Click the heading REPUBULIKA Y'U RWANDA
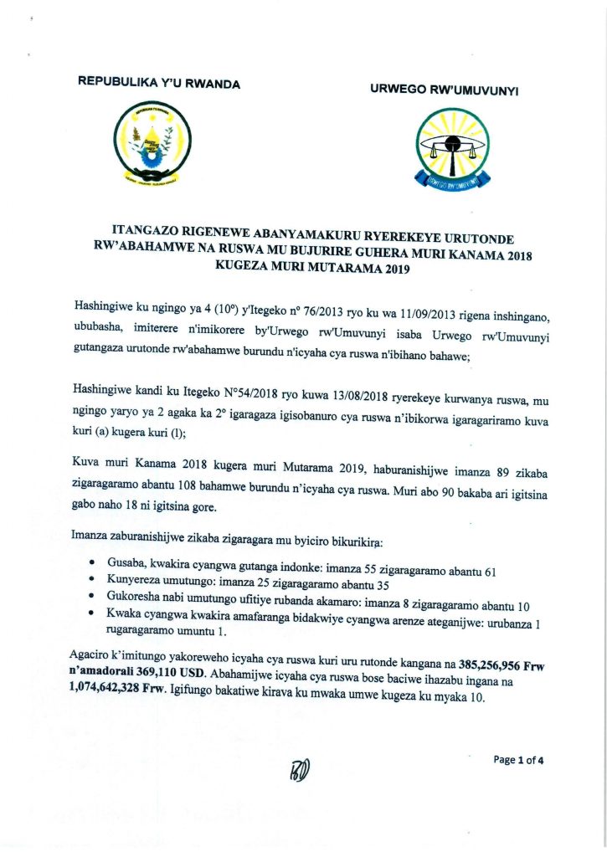pyautogui.click(x=158, y=83)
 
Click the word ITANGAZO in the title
pyautogui.click(x=147, y=229)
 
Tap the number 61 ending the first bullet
pyautogui.click(x=491, y=572)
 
